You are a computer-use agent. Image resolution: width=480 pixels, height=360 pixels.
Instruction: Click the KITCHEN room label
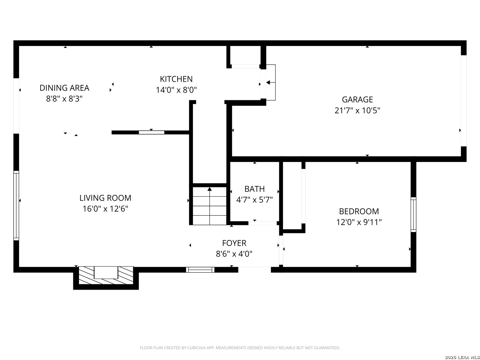point(176,79)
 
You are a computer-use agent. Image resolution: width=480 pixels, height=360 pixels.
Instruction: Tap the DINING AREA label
point(64,88)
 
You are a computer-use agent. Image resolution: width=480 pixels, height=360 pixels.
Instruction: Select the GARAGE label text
point(357,99)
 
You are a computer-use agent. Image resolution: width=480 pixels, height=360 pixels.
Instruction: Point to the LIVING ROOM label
point(105,198)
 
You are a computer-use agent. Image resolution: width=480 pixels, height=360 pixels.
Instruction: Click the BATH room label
point(254,189)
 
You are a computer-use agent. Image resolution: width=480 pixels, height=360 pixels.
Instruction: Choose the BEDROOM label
point(359,211)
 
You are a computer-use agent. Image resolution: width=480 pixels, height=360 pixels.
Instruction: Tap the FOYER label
point(234,243)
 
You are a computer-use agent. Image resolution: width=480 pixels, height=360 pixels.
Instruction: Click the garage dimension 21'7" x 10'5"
point(357,110)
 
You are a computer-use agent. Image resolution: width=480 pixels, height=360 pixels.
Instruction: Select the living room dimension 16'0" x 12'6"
point(105,209)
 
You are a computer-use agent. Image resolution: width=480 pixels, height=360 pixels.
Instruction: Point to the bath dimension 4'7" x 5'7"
point(254,200)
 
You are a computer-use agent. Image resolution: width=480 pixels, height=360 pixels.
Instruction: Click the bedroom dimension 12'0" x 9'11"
point(359,222)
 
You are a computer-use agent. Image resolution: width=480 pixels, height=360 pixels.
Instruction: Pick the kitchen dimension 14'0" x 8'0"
point(176,90)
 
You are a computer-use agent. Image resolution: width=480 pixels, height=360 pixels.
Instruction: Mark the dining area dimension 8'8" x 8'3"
point(64,99)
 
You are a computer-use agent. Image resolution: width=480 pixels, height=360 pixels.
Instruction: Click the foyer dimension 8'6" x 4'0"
point(234,254)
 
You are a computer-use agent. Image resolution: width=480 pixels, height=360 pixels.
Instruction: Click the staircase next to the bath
point(209,206)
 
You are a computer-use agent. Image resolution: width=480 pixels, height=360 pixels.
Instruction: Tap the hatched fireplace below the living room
point(106,275)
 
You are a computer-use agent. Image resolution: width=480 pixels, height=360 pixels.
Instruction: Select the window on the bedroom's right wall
point(413,215)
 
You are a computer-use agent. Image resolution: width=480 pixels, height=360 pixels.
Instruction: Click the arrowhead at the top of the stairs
point(209,189)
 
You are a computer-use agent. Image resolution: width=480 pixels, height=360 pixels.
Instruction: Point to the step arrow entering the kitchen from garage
point(271,83)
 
